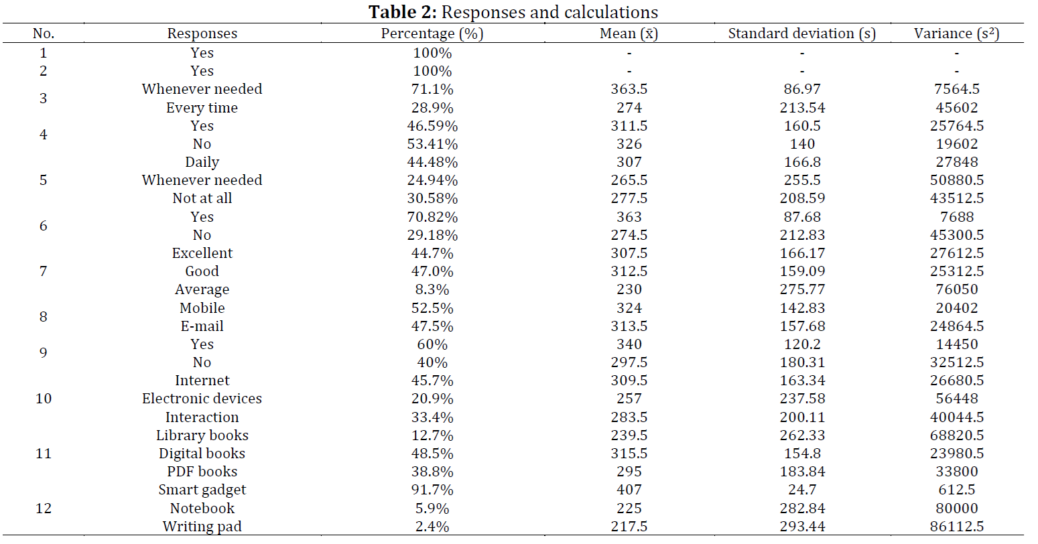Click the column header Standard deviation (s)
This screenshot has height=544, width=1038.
pos(801,33)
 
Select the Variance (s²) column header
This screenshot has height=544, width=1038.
pos(956,33)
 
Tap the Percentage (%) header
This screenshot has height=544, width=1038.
pos(432,33)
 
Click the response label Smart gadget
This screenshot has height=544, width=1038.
pos(202,490)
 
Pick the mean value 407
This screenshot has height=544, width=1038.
pos(629,490)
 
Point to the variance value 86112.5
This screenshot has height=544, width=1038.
pos(956,527)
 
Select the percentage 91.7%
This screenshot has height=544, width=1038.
pos(432,490)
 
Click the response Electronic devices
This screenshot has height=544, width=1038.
pos(202,399)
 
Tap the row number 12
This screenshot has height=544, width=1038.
pos(43,508)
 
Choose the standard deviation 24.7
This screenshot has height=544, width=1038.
pos(801,490)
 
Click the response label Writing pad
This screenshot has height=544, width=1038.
pos(202,527)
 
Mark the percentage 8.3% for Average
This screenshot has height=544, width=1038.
pos(432,289)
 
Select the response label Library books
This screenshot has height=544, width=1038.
pos(202,435)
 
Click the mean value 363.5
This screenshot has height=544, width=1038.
pos(629,89)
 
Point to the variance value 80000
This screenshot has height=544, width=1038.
pos(956,508)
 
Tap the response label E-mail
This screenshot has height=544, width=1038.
pos(202,326)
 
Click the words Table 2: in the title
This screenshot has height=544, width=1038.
pos(402,13)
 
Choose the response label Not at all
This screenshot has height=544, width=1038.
pos(202,198)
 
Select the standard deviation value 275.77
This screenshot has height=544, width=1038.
pos(801,289)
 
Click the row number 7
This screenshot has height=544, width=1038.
pos(43,271)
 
